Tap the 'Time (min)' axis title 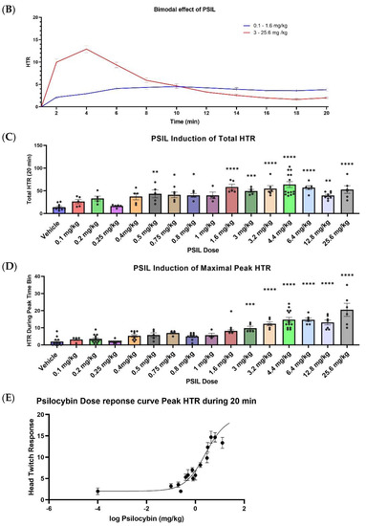187,123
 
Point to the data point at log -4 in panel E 97,491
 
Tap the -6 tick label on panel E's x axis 49,508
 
